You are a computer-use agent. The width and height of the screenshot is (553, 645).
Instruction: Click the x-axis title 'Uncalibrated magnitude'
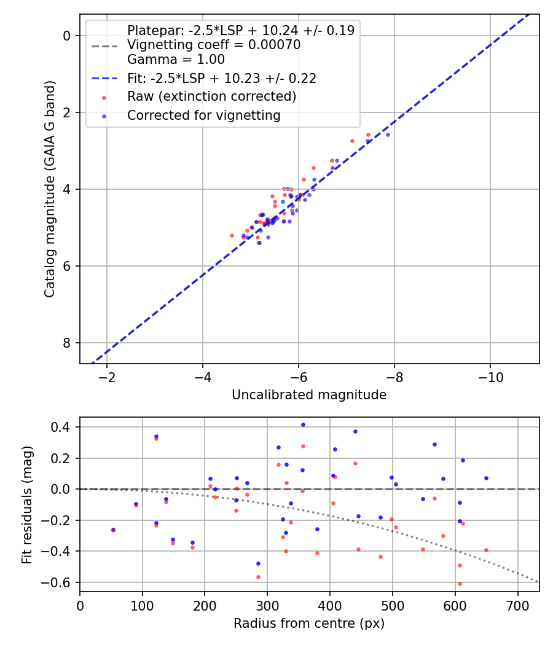click(x=309, y=395)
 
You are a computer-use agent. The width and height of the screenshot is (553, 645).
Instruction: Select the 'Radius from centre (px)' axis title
click(x=309, y=623)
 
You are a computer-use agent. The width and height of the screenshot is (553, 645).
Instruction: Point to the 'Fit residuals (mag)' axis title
click(x=26, y=504)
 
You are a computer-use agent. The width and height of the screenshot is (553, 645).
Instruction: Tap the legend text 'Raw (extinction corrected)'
click(x=211, y=97)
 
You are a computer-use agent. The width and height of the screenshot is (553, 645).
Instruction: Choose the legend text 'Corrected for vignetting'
click(x=203, y=115)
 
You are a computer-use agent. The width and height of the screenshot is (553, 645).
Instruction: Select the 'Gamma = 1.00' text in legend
click(x=176, y=60)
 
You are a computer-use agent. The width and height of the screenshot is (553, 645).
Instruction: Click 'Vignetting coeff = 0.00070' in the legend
click(x=213, y=45)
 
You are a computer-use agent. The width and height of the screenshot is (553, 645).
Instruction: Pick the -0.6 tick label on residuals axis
click(x=61, y=582)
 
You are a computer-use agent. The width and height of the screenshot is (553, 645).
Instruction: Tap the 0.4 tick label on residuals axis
click(x=65, y=427)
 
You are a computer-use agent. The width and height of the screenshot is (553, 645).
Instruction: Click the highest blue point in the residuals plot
click(x=303, y=424)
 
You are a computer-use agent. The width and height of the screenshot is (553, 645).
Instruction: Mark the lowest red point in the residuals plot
click(x=460, y=584)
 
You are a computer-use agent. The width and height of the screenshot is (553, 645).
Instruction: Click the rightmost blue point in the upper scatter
click(x=388, y=135)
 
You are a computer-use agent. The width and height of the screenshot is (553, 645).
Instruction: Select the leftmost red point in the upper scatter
click(x=232, y=235)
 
